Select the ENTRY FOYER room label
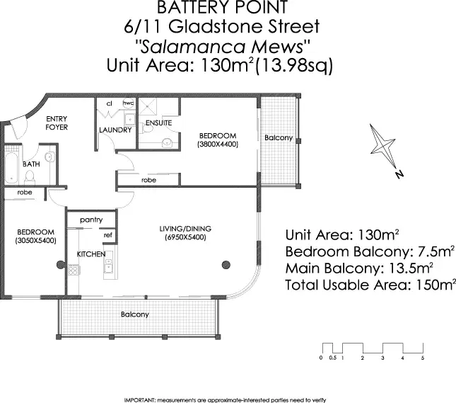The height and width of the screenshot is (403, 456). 57,123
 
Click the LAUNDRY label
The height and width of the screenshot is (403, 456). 115,130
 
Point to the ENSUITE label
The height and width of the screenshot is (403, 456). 158,123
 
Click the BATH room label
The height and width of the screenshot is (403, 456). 31,164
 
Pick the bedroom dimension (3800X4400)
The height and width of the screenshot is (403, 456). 217,144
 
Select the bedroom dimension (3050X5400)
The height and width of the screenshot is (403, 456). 35,241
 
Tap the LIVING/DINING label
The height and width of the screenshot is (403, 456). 185,229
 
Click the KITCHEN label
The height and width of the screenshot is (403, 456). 91,254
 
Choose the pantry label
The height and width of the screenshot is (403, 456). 92,220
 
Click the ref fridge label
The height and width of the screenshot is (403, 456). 108,235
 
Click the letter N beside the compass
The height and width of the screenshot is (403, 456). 399,174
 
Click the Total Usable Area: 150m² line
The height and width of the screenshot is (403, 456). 370,285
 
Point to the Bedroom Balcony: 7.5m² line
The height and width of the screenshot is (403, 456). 369,251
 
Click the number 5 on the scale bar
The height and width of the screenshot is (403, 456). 422,359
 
